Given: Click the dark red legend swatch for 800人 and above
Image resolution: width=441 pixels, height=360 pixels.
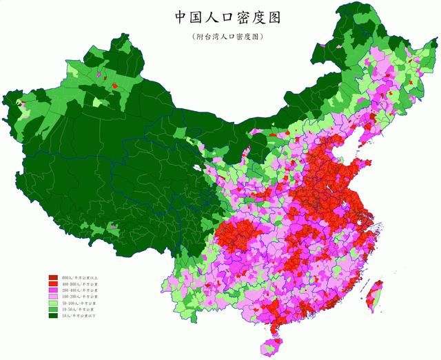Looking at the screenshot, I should (52, 277).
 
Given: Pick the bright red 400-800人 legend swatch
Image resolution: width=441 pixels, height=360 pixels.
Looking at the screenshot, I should (52, 283).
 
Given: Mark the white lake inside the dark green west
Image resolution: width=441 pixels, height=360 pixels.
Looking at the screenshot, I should (198, 167).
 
